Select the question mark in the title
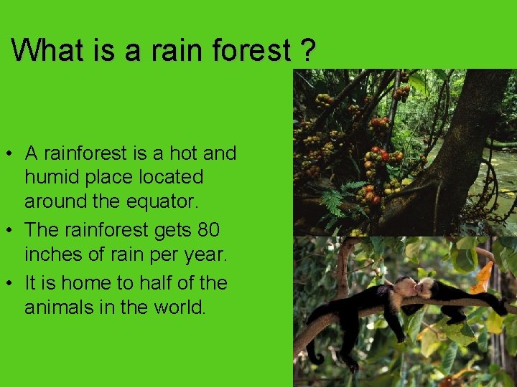[x=307, y=50]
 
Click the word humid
[x=52, y=177]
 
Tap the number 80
[x=208, y=230]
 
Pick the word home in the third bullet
[x=83, y=282]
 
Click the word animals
[x=57, y=308]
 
